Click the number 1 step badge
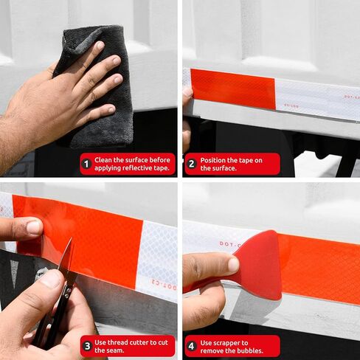(x=86, y=164)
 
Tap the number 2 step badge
(x=192, y=164)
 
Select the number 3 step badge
(x=87, y=346)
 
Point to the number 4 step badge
(x=192, y=346)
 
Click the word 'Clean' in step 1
(x=103, y=160)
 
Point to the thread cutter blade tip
(x=72, y=238)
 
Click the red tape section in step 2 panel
(x=233, y=89)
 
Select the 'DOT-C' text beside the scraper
(x=229, y=244)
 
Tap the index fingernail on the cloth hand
(x=100, y=45)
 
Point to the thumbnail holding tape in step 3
(x=34, y=227)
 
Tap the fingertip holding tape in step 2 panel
(x=188, y=92)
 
